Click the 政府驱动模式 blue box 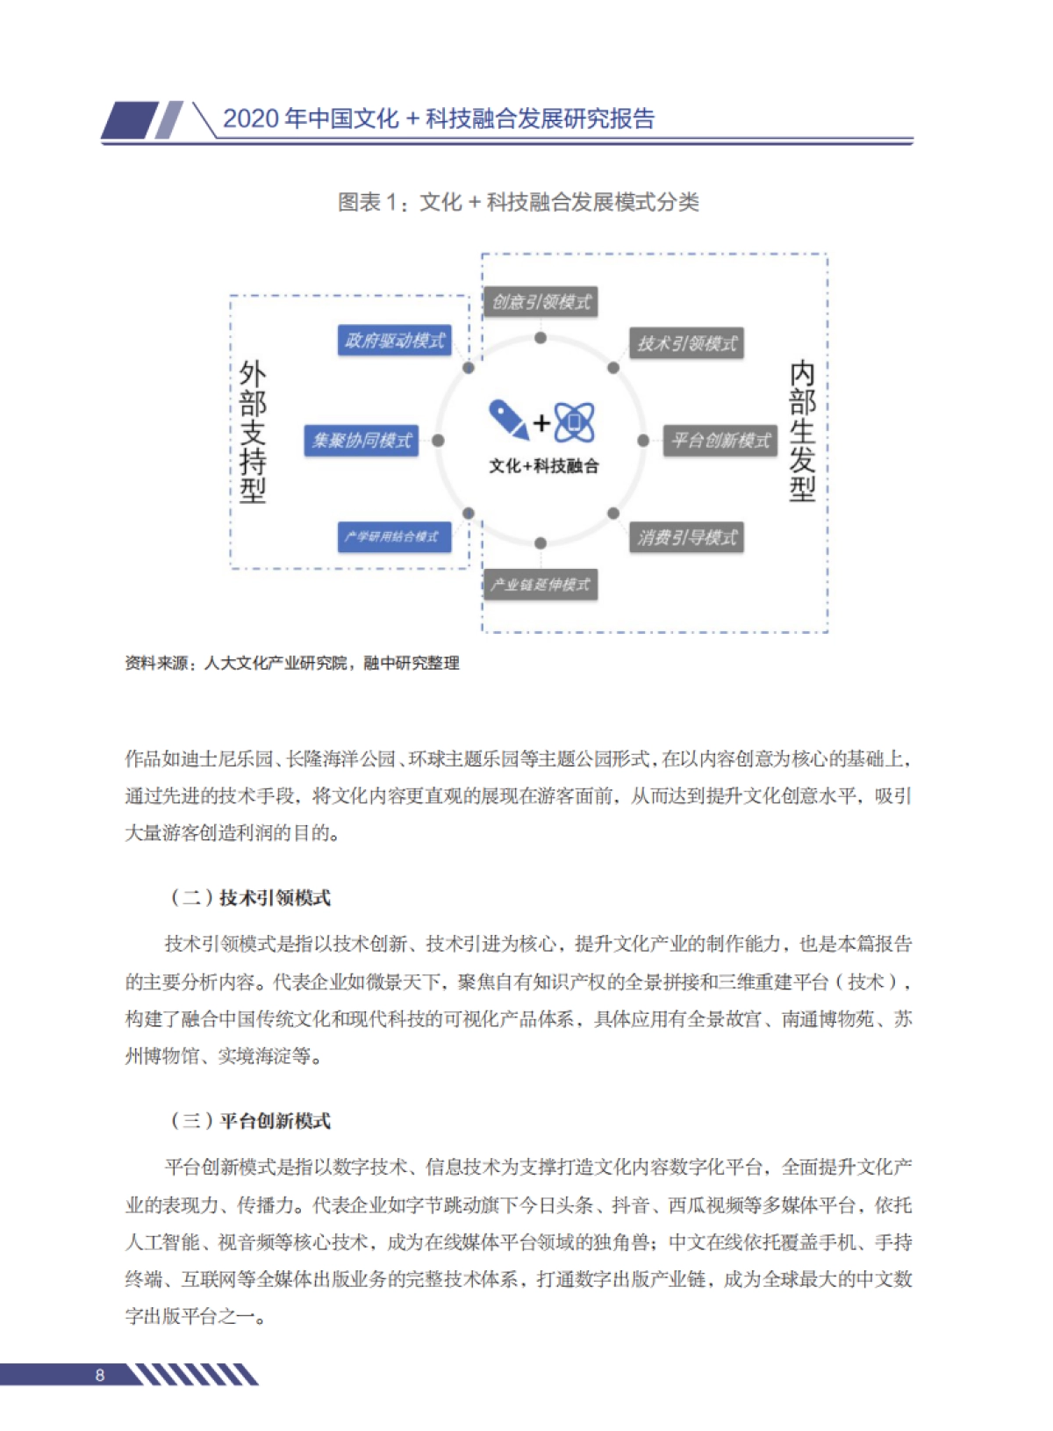[x=394, y=341]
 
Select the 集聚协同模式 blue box [x=362, y=441]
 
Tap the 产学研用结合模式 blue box [x=394, y=536]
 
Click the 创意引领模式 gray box [x=541, y=302]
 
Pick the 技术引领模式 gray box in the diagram [x=686, y=343]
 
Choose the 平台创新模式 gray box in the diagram [x=720, y=441]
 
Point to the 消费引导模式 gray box [x=686, y=537]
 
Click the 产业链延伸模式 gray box [x=541, y=585]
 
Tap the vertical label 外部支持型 [x=253, y=432]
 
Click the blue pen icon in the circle [x=508, y=419]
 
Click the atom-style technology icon [x=575, y=421]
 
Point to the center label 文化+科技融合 [x=543, y=466]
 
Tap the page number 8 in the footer [x=100, y=1375]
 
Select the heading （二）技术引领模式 [x=249, y=897]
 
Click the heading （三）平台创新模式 [x=249, y=1121]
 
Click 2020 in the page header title [x=251, y=119]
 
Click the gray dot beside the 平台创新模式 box [x=643, y=441]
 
